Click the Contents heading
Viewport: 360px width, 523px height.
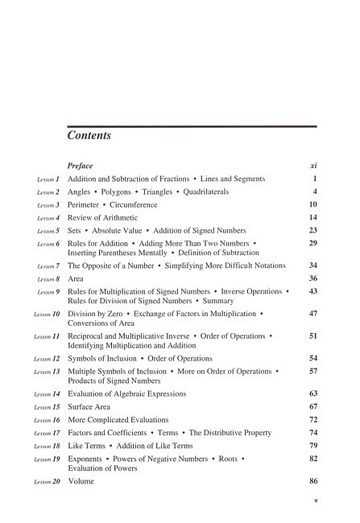pyautogui.click(x=89, y=135)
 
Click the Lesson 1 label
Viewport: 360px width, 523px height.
pyautogui.click(x=48, y=179)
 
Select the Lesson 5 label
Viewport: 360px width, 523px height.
pyautogui.click(x=48, y=231)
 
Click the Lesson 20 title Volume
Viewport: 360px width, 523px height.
pyautogui.click(x=81, y=481)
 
